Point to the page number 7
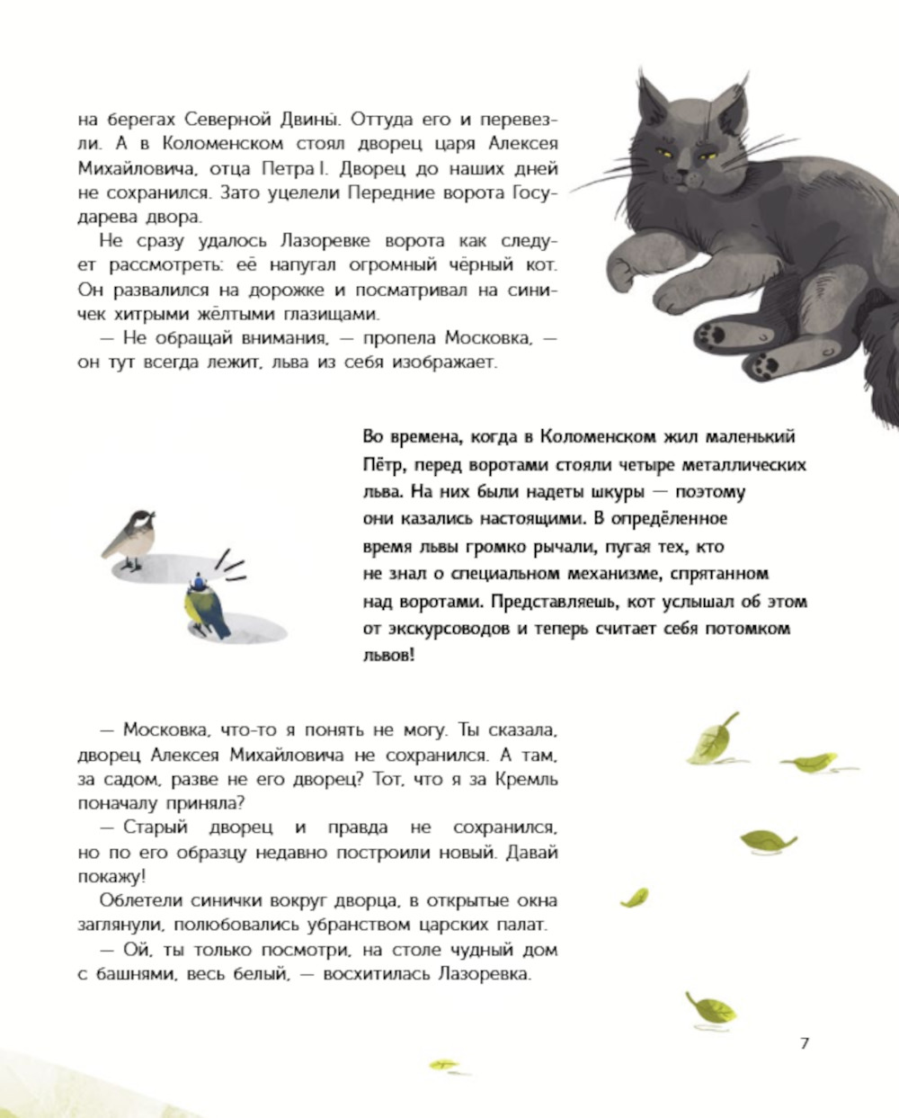point(804,1043)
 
